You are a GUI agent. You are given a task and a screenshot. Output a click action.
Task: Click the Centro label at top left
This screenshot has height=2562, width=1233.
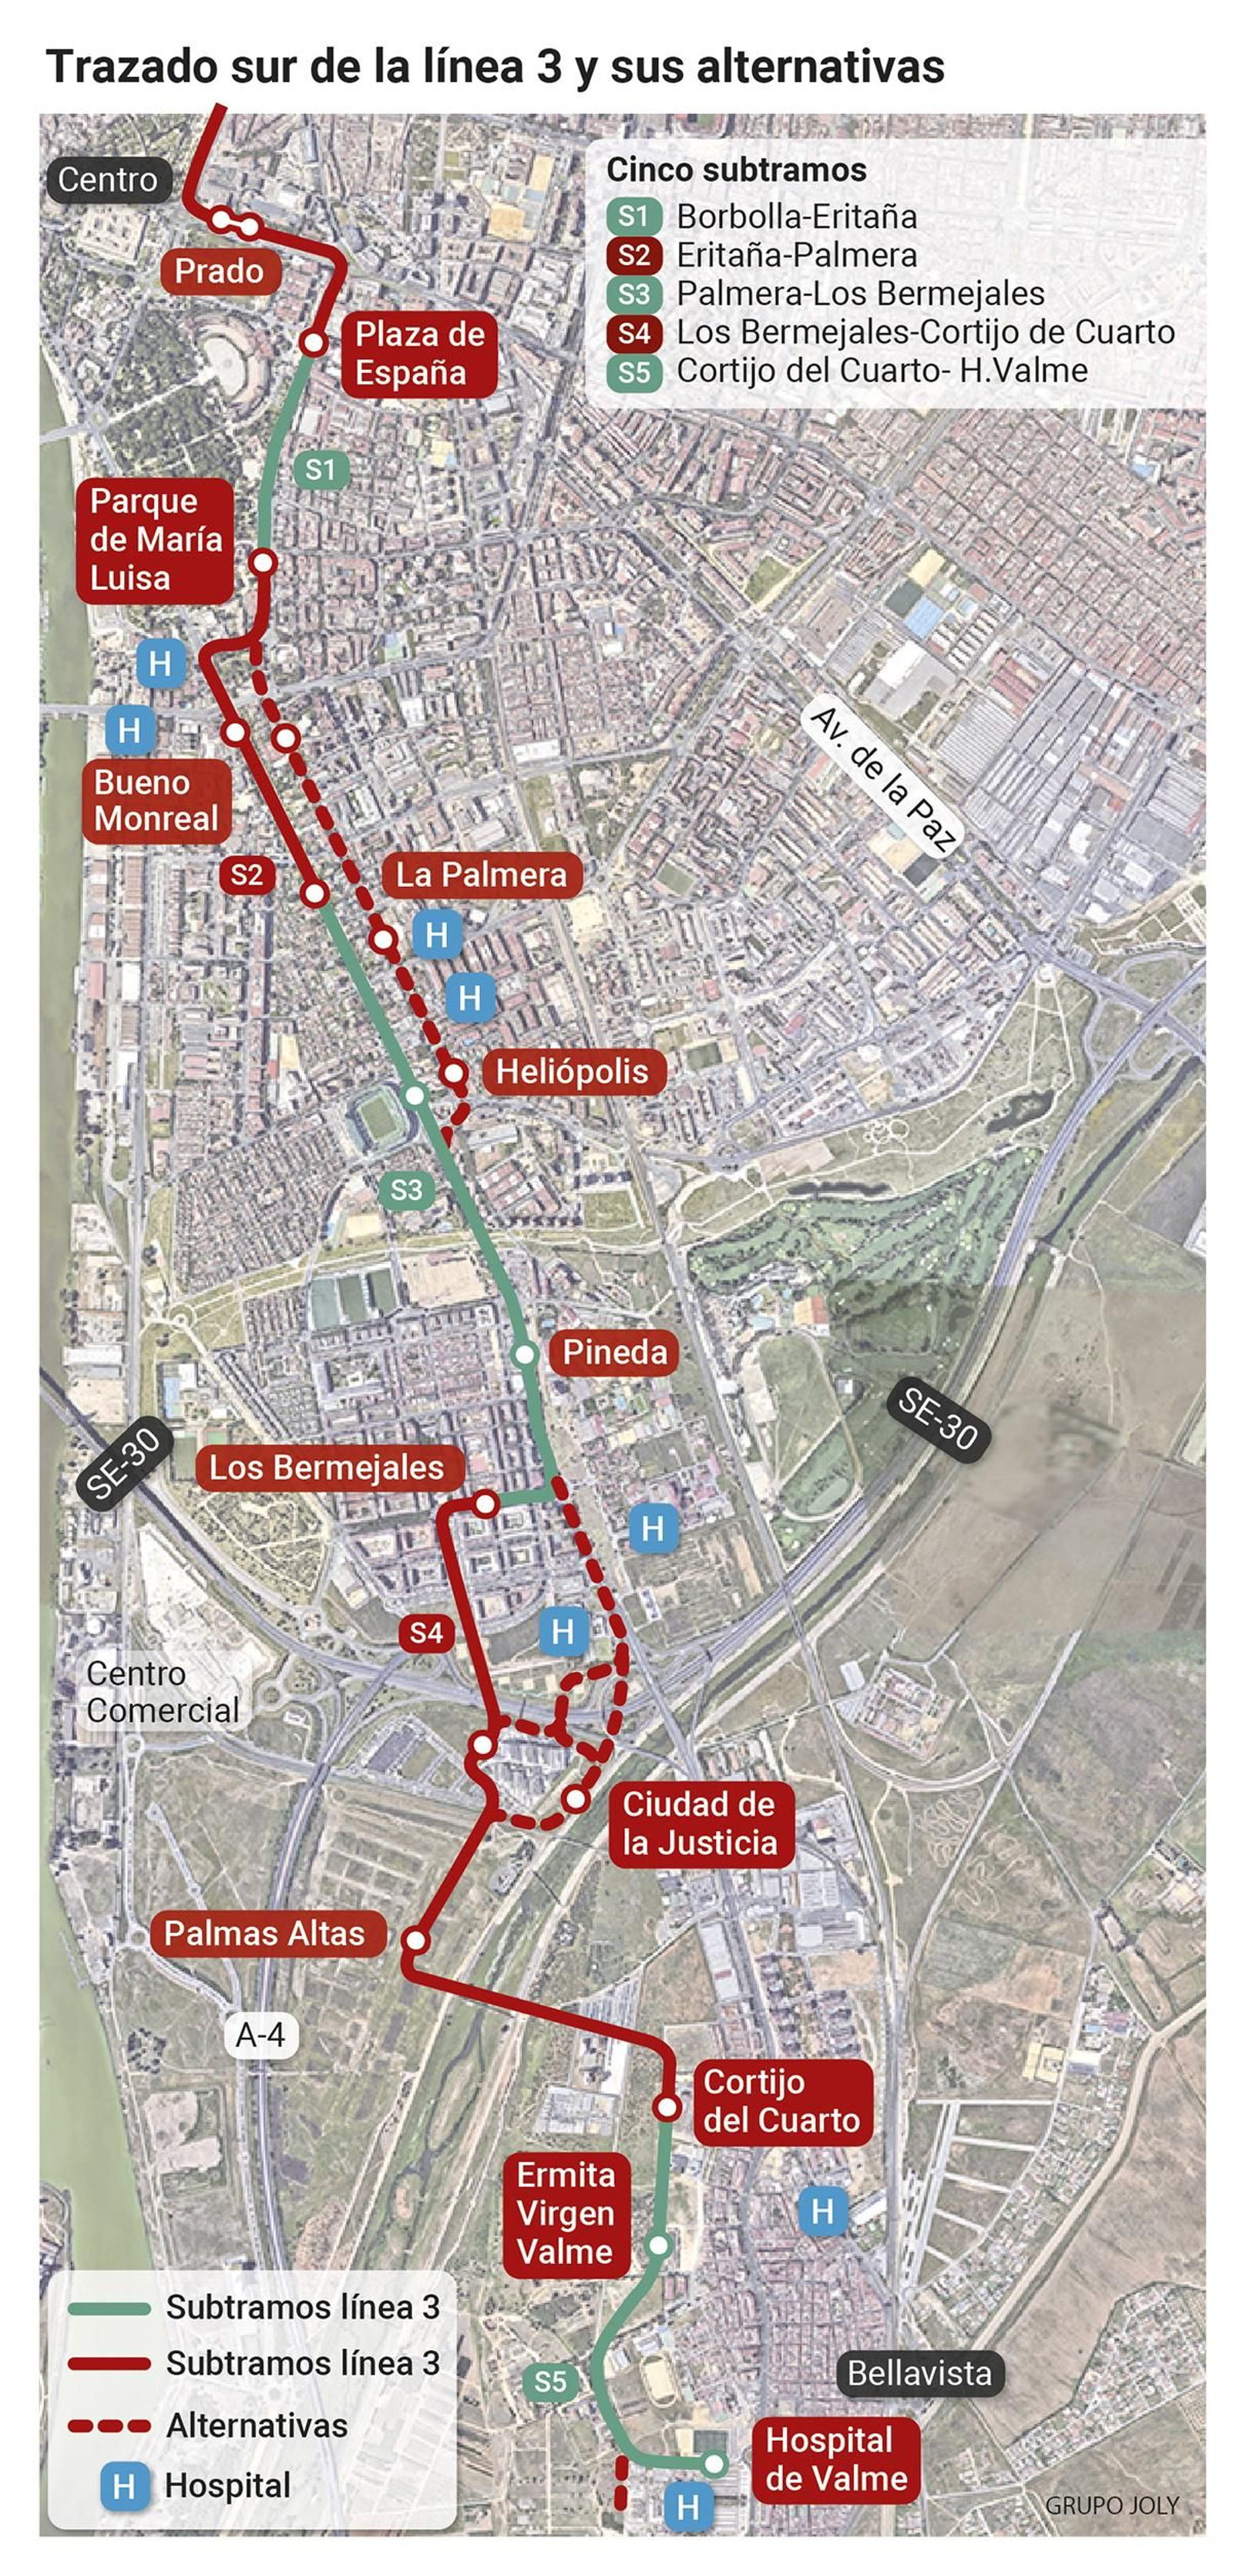[x=107, y=180]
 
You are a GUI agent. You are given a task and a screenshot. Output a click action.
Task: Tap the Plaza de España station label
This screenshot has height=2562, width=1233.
[x=418, y=353]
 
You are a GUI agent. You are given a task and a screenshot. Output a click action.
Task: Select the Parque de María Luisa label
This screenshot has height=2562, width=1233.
[x=155, y=540]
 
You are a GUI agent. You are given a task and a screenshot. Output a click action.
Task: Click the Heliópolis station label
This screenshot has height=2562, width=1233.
[x=571, y=1071]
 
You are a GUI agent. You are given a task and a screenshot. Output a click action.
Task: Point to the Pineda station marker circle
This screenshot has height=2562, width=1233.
[x=525, y=1354]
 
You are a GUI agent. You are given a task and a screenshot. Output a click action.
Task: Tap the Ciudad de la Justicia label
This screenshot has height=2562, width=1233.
[x=699, y=1823]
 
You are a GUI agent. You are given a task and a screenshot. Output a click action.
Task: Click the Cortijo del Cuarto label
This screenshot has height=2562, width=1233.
[x=781, y=2102]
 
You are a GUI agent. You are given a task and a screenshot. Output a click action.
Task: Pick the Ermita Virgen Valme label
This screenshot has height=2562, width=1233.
[x=565, y=2214]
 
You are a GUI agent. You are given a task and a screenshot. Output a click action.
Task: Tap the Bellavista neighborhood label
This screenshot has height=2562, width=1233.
[x=919, y=2374]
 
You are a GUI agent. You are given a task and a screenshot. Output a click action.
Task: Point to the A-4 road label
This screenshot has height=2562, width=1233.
[x=260, y=2035]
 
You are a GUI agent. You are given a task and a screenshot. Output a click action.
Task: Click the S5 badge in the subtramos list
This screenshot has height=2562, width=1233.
[x=633, y=372]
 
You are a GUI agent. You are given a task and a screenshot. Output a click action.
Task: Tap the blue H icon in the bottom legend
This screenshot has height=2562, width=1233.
[x=123, y=2487]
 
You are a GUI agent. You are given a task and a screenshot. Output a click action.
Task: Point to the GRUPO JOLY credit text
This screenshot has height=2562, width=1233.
[x=1110, y=2505]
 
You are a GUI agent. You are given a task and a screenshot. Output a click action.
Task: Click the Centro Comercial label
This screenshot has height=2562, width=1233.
[x=162, y=1692]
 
